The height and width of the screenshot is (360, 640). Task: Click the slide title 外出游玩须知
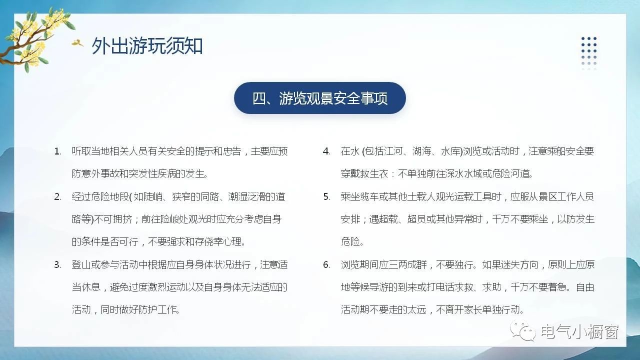pos(147,45)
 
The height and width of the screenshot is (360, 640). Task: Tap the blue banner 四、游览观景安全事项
pos(319,98)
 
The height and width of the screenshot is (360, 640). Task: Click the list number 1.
pos(57,151)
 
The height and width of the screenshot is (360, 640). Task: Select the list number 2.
pos(57,197)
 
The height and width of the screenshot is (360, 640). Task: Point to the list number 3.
pos(57,265)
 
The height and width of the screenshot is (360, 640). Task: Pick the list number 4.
pos(326,151)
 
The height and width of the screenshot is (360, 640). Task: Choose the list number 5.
pos(326,197)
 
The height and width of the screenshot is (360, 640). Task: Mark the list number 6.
pos(326,265)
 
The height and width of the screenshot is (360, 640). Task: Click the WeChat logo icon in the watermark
pos(523,331)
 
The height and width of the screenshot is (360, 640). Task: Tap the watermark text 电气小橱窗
pos(580,331)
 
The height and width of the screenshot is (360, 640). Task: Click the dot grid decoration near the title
pos(589,53)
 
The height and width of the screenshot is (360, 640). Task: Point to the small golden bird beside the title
pos(77,43)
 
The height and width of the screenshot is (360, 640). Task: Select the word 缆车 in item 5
pos(369,197)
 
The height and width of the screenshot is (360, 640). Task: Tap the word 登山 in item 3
pos(81,265)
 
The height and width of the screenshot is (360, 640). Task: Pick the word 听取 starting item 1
pos(81,151)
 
